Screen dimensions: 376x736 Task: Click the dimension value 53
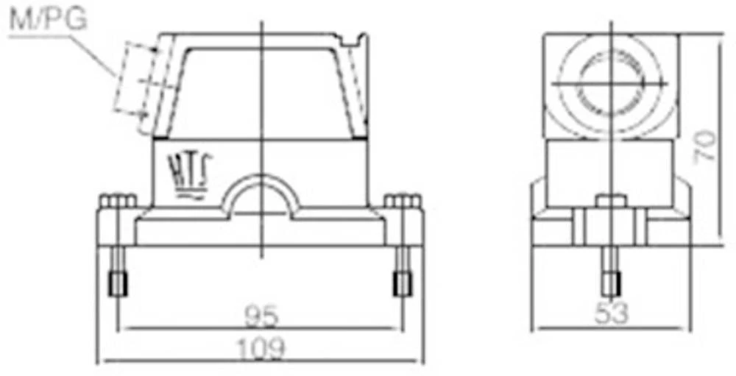[612, 313]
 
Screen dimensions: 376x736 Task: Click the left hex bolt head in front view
[116, 202]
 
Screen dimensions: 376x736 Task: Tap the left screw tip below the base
[118, 283]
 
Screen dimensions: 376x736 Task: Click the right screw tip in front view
[402, 283]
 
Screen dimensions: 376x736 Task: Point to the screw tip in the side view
[611, 283]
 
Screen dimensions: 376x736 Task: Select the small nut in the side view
[611, 202]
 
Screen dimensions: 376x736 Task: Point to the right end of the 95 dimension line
[403, 328]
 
